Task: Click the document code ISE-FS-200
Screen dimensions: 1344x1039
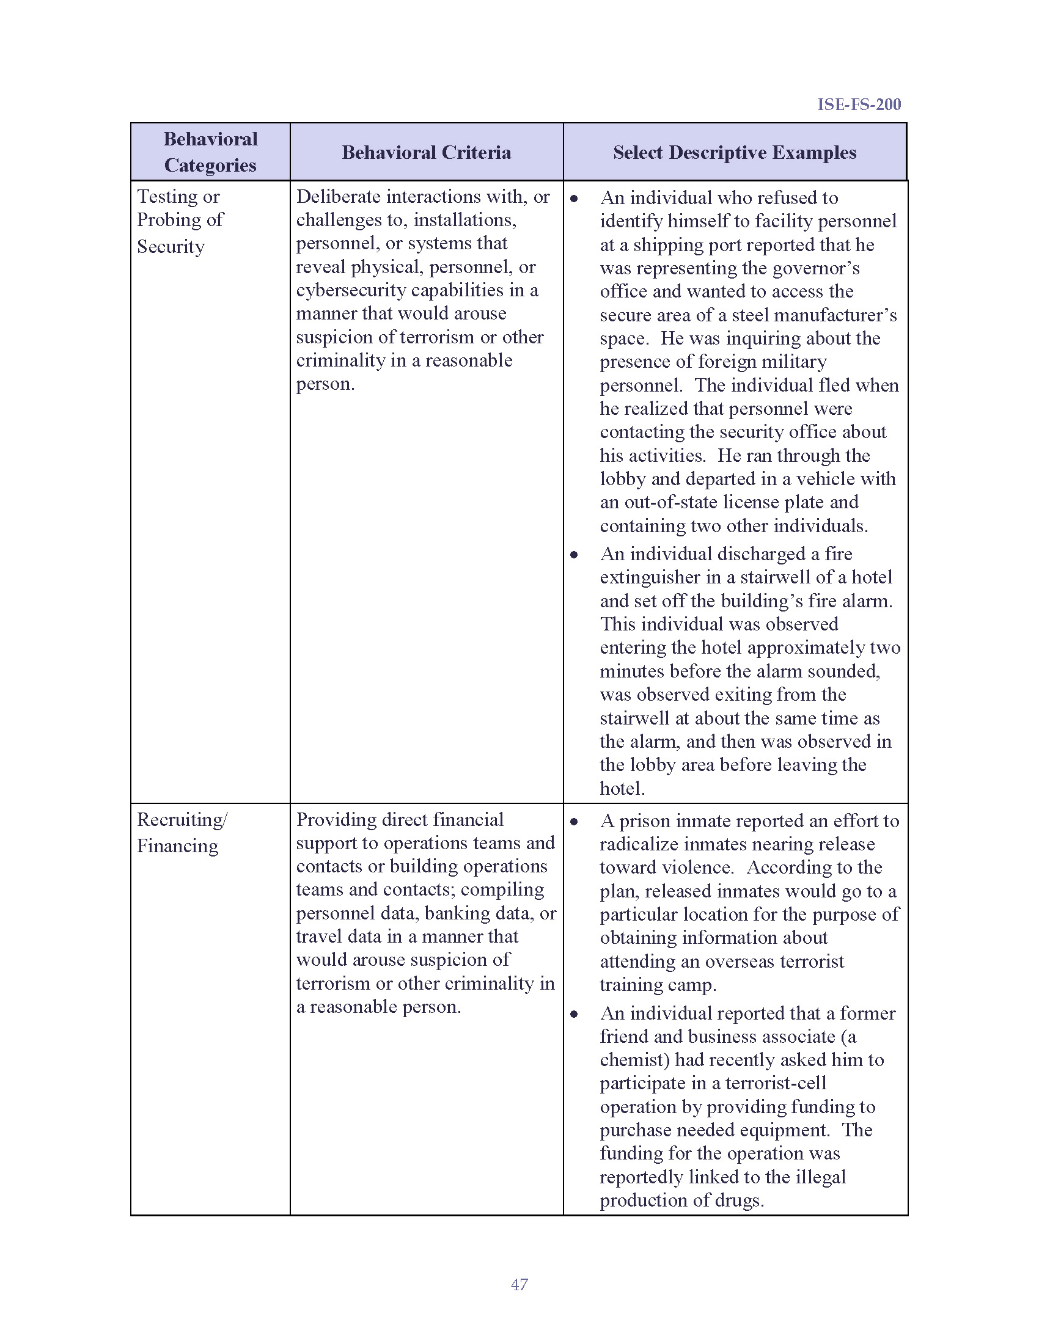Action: click(859, 104)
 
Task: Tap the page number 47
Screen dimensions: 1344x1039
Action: click(519, 1284)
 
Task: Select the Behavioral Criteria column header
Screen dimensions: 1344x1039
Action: click(426, 152)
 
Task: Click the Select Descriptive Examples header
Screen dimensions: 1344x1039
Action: click(734, 152)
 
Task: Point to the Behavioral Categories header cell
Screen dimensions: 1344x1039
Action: click(210, 152)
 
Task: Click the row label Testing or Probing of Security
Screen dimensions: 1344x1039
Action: click(179, 221)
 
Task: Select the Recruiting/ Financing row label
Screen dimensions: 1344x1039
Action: click(182, 832)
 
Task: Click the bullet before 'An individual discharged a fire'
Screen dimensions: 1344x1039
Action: click(574, 555)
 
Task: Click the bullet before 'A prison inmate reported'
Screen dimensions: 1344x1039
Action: click(574, 822)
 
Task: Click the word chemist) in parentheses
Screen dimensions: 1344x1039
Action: click(634, 1060)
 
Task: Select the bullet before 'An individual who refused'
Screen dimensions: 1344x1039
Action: click(574, 199)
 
